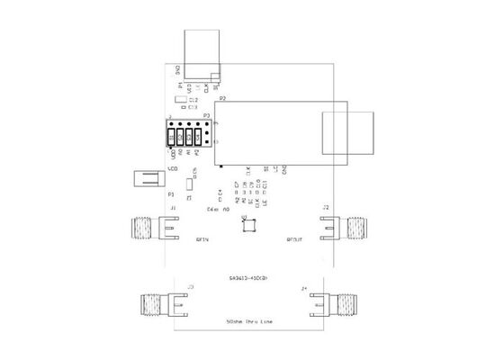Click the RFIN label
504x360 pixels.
coord(202,240)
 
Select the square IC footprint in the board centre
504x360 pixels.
coord(248,225)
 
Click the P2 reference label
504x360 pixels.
coord(222,97)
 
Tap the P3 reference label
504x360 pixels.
coord(207,116)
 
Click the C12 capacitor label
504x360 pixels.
coord(193,100)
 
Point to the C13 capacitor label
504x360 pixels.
coord(193,107)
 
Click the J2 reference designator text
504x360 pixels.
coord(326,209)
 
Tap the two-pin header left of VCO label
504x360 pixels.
coord(145,178)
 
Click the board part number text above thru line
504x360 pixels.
coord(247,277)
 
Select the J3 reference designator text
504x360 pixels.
coord(190,287)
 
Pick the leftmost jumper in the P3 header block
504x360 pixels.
coord(172,136)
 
